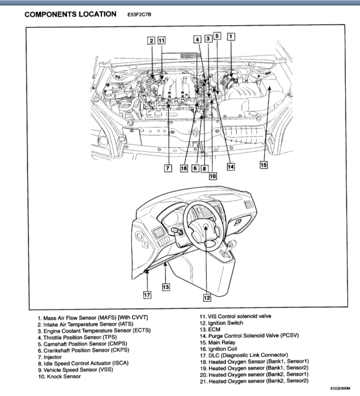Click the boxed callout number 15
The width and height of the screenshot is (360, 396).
pyautogui.click(x=264, y=165)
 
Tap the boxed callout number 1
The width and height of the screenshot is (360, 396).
pyautogui.click(x=230, y=37)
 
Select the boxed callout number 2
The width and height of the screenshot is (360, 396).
pyautogui.click(x=152, y=41)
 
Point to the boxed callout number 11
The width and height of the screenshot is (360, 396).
pyautogui.click(x=162, y=41)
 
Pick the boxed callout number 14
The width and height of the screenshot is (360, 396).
pyautogui.click(x=230, y=167)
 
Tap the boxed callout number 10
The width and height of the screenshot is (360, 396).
pyautogui.click(x=212, y=175)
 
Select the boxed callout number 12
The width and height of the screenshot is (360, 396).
pyautogui.click(x=207, y=298)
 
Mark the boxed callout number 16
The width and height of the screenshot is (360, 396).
pyautogui.click(x=184, y=168)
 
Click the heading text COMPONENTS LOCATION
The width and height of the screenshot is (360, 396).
pyautogui.click(x=71, y=14)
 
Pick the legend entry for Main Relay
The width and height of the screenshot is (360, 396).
pyautogui.click(x=221, y=342)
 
